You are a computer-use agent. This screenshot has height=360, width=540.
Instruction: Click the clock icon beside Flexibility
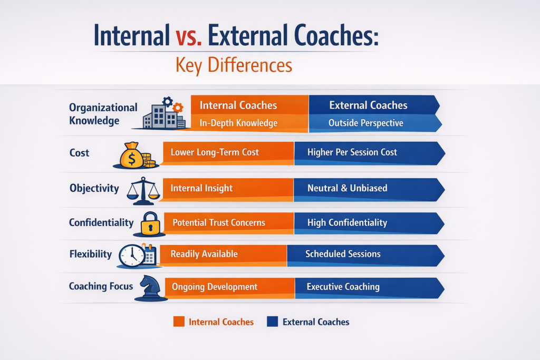[131, 256]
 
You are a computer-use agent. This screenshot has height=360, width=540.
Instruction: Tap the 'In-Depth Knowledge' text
[238, 123]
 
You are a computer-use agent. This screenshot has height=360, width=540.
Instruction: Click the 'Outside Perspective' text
[365, 123]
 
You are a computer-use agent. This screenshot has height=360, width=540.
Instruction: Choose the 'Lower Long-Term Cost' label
[215, 152]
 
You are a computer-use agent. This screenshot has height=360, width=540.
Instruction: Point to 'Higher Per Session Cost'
[352, 152]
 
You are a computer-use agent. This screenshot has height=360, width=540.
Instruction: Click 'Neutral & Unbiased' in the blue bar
[347, 188]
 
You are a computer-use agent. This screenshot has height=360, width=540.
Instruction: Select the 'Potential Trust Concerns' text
[218, 222]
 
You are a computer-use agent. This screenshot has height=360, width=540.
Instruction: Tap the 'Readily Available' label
[204, 254]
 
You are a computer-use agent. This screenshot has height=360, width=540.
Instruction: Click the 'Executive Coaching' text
[343, 287]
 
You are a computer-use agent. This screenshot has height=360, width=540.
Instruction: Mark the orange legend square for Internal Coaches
[179, 322]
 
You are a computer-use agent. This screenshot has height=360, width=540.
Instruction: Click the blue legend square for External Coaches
[272, 322]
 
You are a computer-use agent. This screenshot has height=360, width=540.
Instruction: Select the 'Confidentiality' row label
[101, 222]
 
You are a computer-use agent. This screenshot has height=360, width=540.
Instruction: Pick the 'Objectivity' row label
[94, 188]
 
